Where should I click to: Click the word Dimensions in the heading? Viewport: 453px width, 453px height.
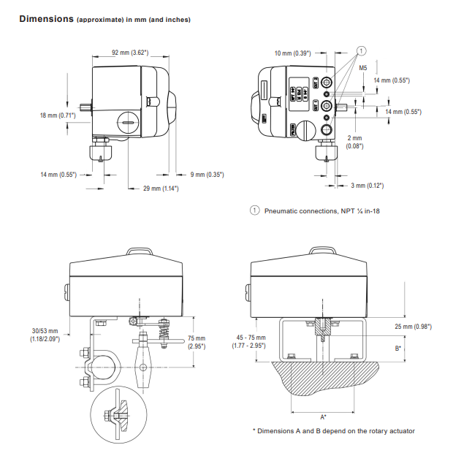45,18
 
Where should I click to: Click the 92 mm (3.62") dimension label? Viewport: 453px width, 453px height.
130,53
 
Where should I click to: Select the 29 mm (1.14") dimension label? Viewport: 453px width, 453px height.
161,189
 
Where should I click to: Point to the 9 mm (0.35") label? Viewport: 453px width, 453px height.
207,175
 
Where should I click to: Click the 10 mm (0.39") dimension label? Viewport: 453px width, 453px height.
292,53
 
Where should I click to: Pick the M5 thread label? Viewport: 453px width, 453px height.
362,68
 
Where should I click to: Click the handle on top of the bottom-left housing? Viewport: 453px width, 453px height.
139,251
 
